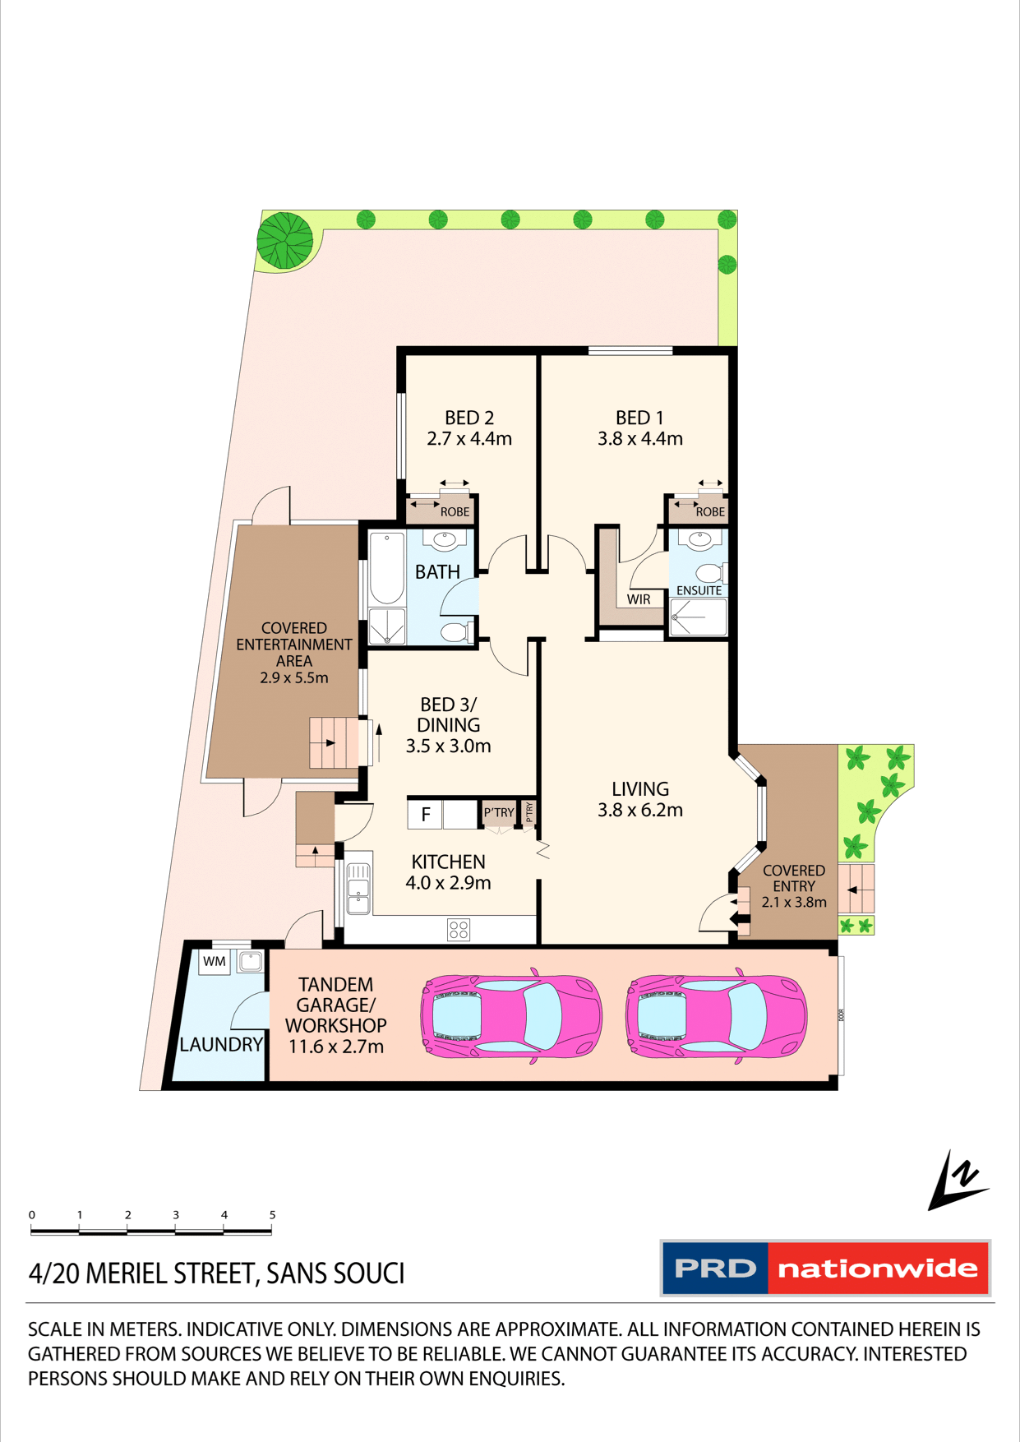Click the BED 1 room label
(639, 418)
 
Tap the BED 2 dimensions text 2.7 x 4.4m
(469, 439)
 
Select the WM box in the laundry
(215, 961)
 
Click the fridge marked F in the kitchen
(425, 814)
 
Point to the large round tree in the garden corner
(284, 241)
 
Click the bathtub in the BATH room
(386, 568)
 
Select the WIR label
(639, 599)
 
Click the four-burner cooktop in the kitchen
(459, 930)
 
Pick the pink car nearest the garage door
(716, 1016)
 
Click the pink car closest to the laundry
(511, 1016)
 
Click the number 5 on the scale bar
(272, 1214)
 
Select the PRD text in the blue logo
(715, 1269)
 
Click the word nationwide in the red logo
(877, 1269)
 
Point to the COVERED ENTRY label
(793, 878)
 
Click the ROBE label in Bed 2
(455, 511)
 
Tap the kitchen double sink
(358, 889)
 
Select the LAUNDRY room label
(221, 1045)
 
